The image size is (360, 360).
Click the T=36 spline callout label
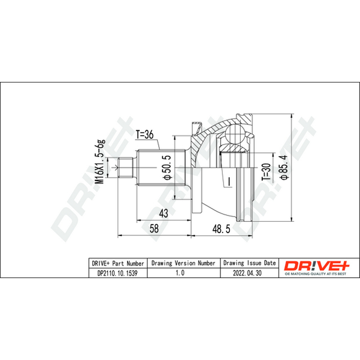point(144,135)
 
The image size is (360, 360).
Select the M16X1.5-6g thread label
point(100,162)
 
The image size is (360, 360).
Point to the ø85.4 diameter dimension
point(284,167)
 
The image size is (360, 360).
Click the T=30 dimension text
point(266,172)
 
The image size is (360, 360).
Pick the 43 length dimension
point(163,213)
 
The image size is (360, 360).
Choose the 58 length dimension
point(154,229)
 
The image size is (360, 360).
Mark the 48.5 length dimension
point(221,229)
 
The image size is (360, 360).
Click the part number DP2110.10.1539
point(117,273)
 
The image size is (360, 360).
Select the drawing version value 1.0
point(180,273)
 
